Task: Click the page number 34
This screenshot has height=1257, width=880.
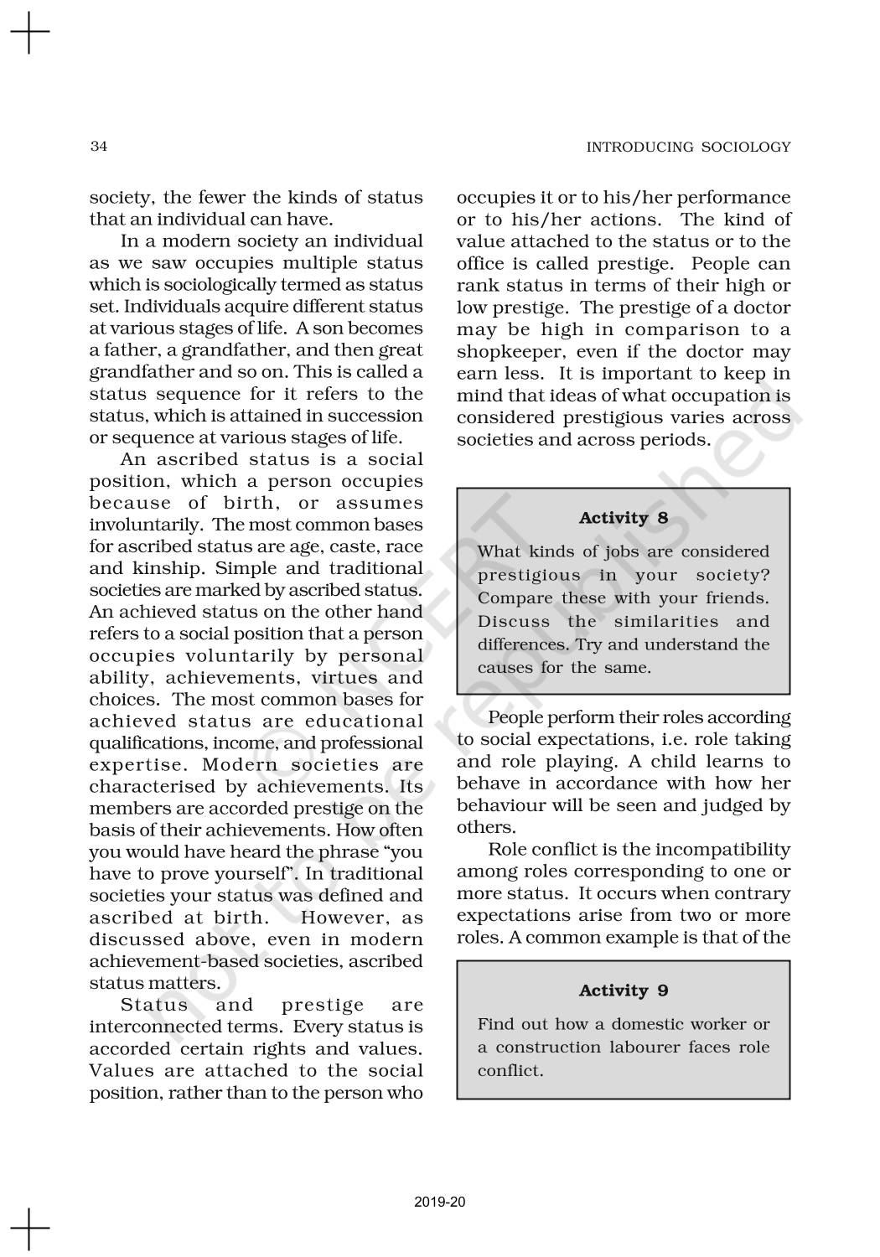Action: [x=98, y=147]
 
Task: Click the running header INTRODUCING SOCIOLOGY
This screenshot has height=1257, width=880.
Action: [x=688, y=147]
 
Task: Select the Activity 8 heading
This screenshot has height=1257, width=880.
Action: [x=624, y=518]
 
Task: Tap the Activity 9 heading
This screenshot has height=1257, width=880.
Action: [x=624, y=991]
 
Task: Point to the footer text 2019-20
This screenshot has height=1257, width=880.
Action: [x=440, y=1203]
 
